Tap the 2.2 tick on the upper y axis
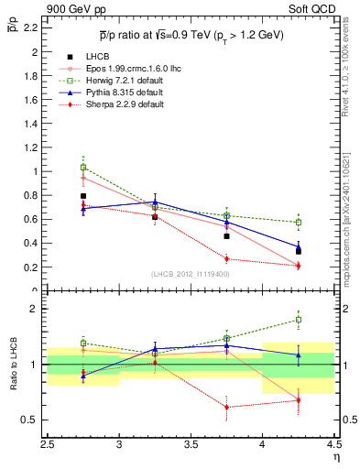(32, 28)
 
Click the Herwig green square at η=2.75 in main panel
(83, 168)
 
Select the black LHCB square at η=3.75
(226, 236)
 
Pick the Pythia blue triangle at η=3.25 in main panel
(155, 202)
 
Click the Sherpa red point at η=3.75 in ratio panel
(226, 407)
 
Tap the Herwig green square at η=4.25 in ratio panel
(298, 320)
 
